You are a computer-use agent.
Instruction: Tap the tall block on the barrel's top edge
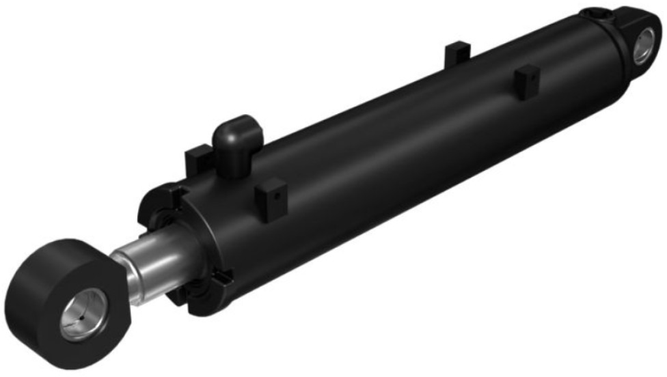457,53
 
